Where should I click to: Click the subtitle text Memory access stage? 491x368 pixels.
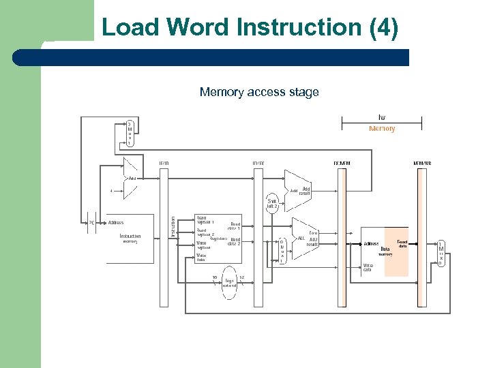259,92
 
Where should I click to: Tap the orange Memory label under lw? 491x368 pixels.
382,129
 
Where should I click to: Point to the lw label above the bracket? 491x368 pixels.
382,118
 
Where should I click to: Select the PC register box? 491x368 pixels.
91,222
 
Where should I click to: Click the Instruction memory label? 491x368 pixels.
130,239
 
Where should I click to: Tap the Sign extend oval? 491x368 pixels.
229,283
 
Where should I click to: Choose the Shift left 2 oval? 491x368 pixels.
272,204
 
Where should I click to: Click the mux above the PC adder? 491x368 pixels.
130,134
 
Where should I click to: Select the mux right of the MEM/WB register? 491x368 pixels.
441,253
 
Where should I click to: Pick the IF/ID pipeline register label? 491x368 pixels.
164,164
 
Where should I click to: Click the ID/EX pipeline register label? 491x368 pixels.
258,164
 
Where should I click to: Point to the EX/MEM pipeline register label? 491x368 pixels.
342,164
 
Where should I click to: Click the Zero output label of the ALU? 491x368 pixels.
313,232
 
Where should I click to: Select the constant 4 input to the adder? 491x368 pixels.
110,190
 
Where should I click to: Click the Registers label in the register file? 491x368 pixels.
218,239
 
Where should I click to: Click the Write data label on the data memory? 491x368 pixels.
368,268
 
